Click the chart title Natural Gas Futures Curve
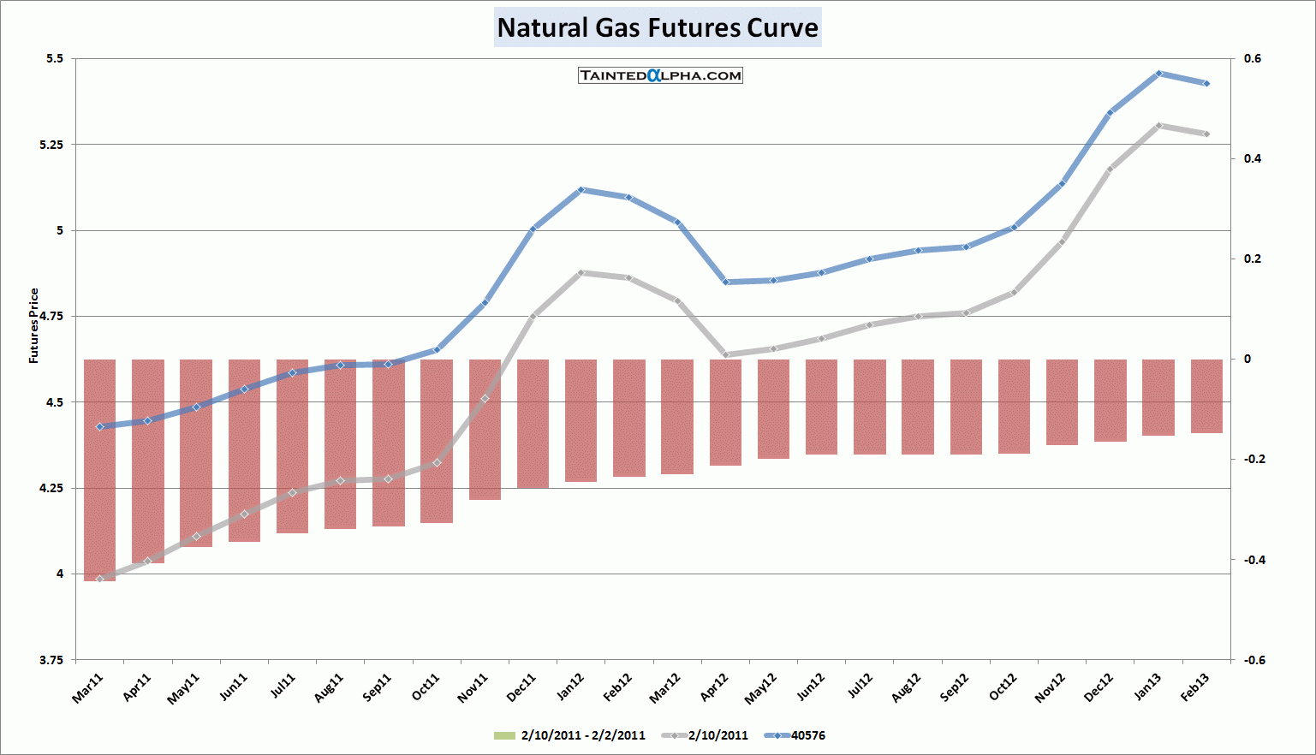point(658,27)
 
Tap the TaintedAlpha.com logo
point(660,75)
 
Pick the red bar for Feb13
point(1206,395)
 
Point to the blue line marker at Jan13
point(1158,74)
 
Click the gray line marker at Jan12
point(581,273)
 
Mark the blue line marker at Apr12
point(725,282)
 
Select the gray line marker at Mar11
point(99,580)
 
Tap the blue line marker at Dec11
point(533,229)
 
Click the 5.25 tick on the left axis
point(51,145)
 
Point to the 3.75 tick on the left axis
point(51,660)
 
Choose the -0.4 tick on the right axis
point(1251,560)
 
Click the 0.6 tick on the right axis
point(1253,59)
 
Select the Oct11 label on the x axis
point(426,687)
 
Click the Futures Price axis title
point(34,326)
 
